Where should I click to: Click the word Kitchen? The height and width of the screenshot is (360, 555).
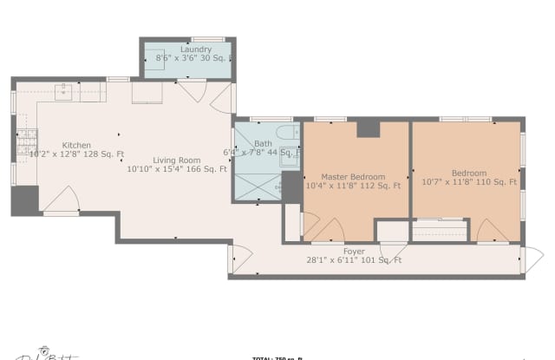point(76,145)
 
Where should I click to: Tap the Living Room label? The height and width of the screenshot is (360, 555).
point(177,160)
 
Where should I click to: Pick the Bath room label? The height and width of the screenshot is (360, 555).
point(264,143)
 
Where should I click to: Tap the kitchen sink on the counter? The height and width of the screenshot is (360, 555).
point(65,89)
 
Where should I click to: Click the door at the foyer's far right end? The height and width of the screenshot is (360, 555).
point(531,258)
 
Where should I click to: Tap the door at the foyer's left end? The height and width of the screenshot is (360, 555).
point(239,259)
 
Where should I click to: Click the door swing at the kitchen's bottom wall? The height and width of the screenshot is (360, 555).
point(62,201)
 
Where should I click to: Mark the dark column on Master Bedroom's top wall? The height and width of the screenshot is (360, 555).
point(369,128)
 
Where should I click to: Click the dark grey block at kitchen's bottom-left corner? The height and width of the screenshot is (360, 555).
point(24,200)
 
